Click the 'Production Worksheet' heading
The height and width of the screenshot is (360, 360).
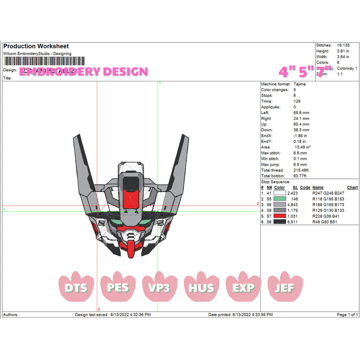36,46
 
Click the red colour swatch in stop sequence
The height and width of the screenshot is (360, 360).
280,216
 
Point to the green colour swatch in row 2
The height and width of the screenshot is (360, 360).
280,199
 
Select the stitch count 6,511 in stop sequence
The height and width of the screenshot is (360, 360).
292,222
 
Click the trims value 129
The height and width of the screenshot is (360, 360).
297,101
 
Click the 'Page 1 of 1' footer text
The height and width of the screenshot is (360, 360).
347,315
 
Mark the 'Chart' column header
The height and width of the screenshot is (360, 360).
352,188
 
